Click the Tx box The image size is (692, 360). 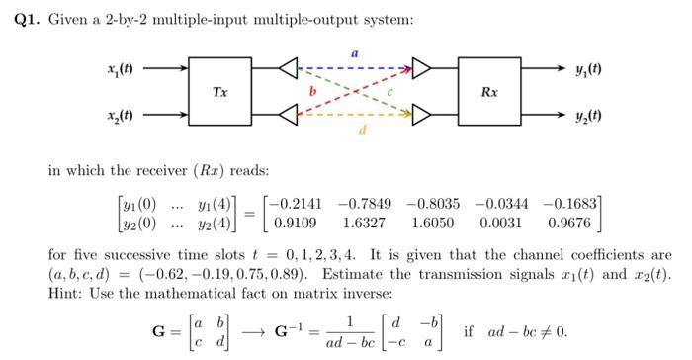coord(221,93)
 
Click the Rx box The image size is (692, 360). coord(489,93)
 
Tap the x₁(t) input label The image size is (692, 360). coord(122,68)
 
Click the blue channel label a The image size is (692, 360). coord(354,48)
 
